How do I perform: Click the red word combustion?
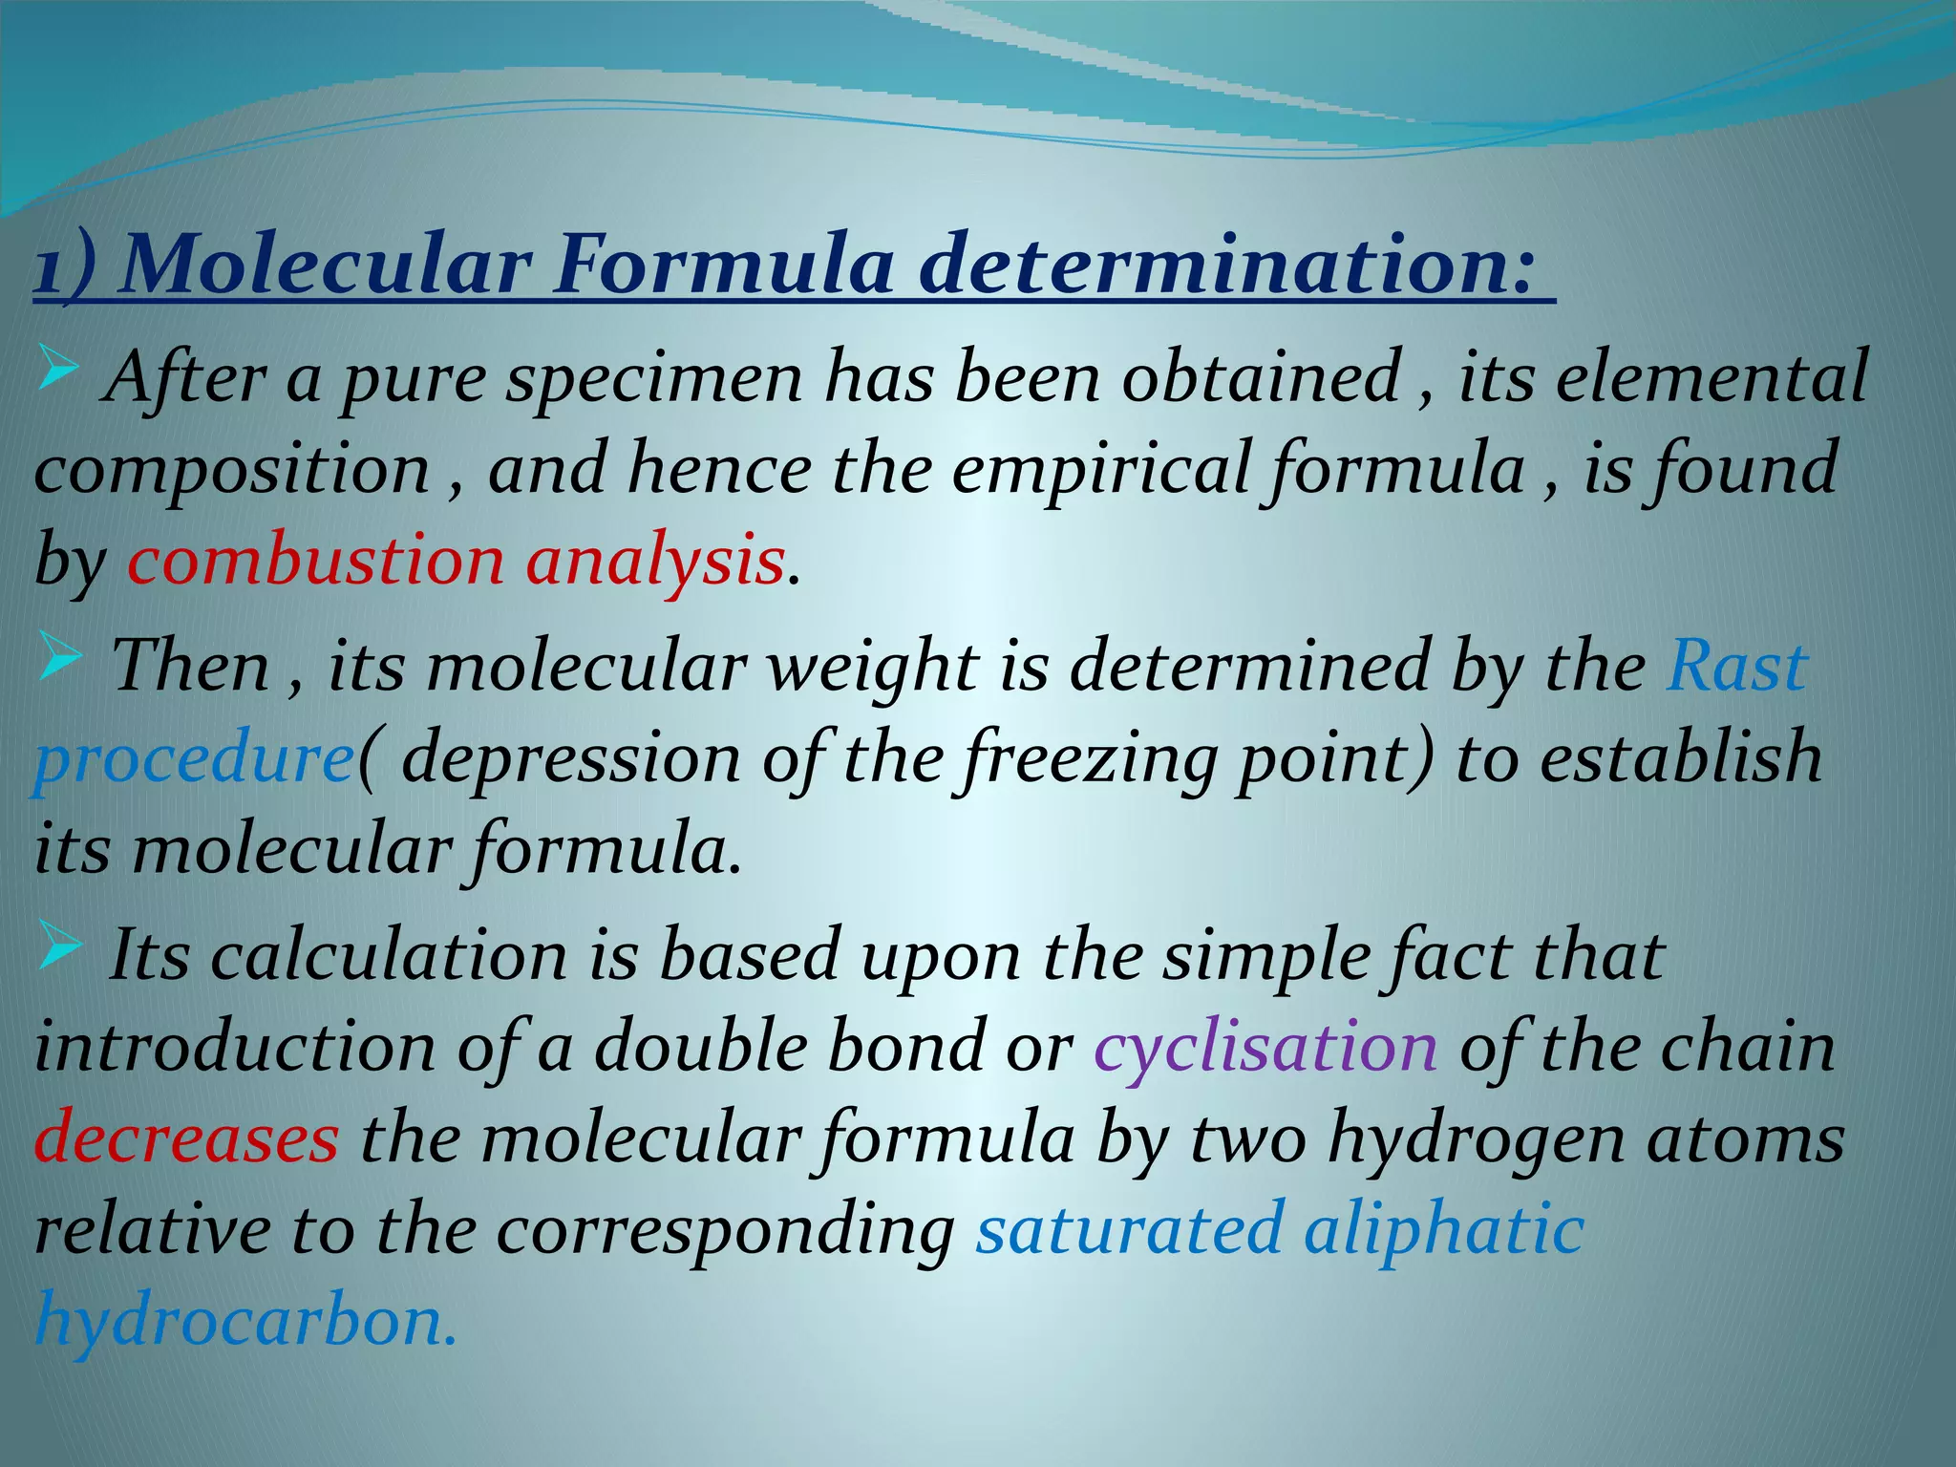(x=315, y=561)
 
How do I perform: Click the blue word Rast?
(x=1736, y=665)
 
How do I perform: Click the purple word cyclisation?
(x=1265, y=1048)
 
